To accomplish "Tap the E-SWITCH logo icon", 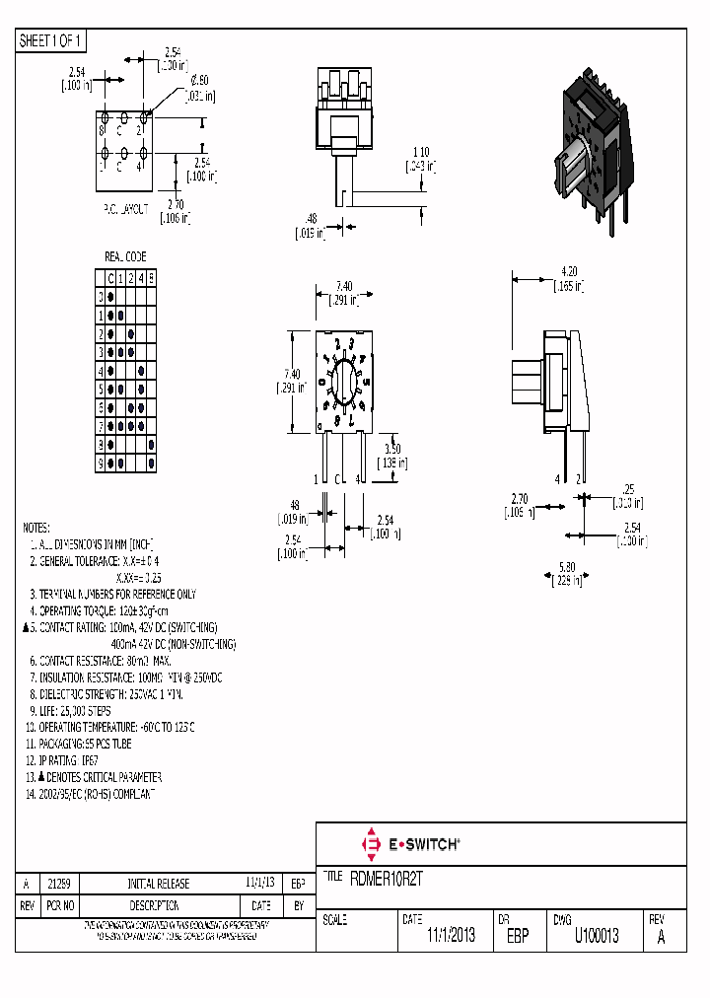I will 372,844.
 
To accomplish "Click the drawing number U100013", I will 597,936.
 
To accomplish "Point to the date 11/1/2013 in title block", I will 451,936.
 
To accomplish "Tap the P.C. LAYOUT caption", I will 125,209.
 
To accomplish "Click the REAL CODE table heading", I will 125,256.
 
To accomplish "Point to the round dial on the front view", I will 344,382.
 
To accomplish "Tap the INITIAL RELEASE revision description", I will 158,884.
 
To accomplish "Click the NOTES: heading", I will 36,528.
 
